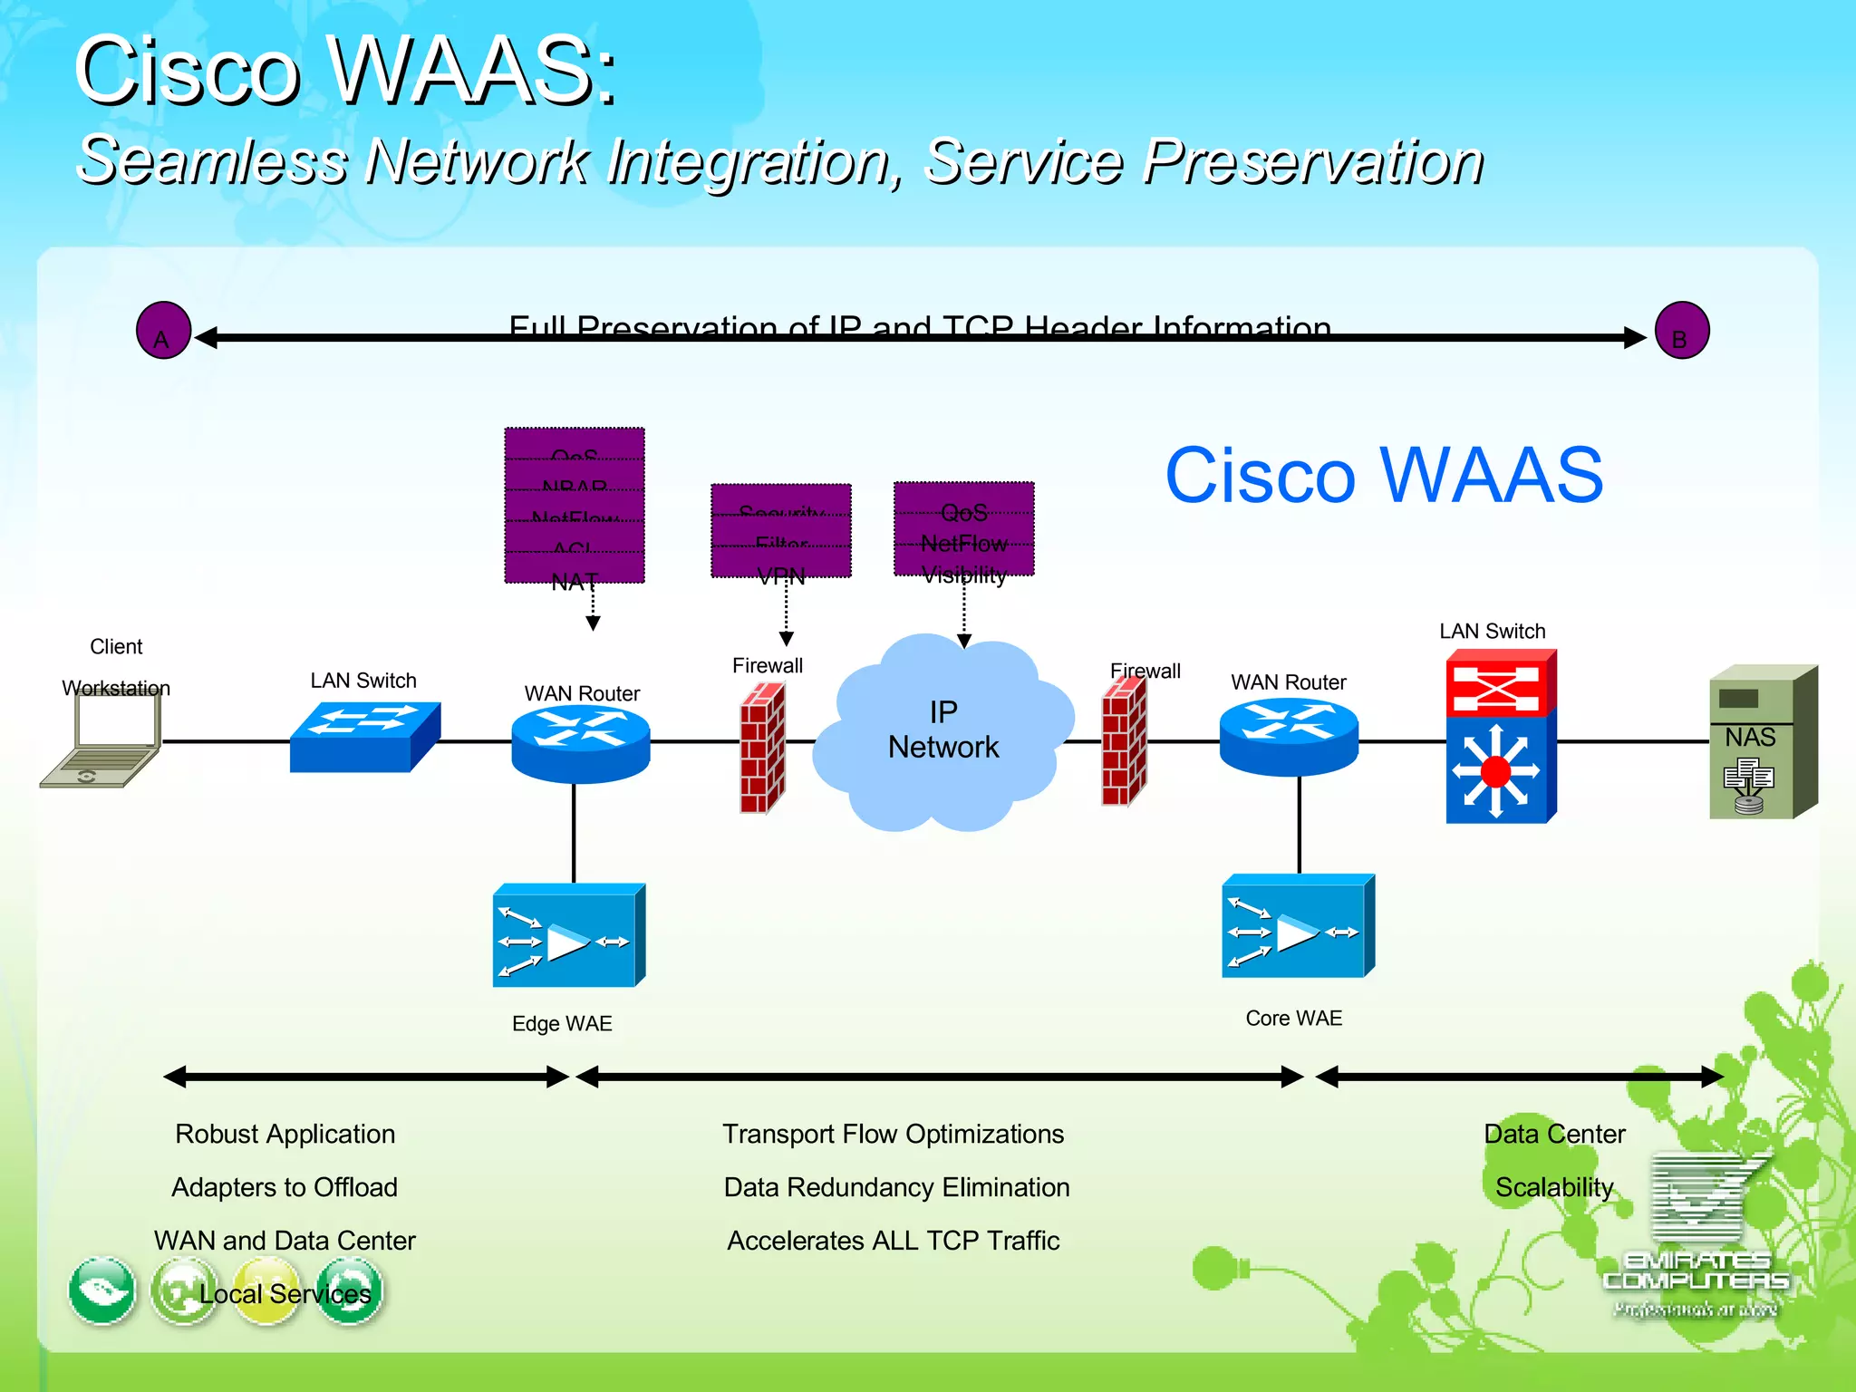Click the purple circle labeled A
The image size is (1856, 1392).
[x=163, y=331]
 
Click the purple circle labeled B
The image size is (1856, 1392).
[x=1681, y=331]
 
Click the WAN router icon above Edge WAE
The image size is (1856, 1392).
[x=580, y=743]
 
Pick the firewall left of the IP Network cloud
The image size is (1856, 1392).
[x=762, y=748]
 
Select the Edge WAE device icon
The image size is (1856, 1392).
[x=568, y=936]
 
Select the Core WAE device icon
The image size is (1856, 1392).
[x=1298, y=927]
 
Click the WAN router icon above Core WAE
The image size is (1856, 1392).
[x=1288, y=736]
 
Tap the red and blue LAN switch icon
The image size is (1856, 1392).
[x=1500, y=736]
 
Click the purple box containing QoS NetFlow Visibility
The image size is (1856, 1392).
[x=963, y=529]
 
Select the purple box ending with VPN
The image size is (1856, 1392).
[x=780, y=531]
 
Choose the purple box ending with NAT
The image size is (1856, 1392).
[x=574, y=506]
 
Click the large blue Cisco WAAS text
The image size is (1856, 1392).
[x=1383, y=476]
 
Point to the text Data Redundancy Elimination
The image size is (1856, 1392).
[x=896, y=1187]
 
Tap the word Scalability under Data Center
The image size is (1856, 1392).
[x=1553, y=1187]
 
